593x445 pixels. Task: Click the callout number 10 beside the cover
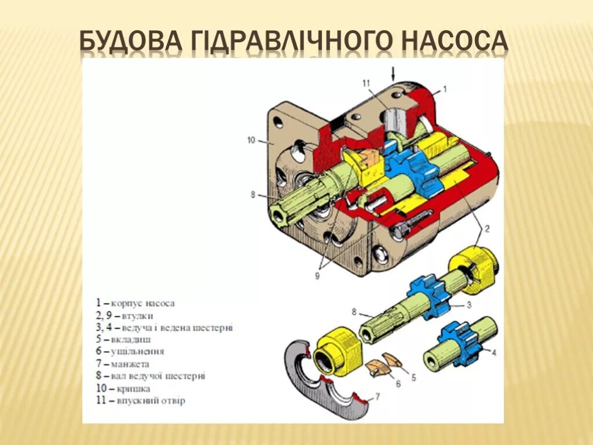[250, 140]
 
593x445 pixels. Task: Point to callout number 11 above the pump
[365, 83]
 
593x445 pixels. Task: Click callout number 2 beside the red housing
[486, 228]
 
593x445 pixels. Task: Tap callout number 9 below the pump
[317, 276]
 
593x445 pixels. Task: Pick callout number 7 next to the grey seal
[378, 396]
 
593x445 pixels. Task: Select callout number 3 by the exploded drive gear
[470, 305]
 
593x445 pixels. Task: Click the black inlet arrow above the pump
[393, 73]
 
